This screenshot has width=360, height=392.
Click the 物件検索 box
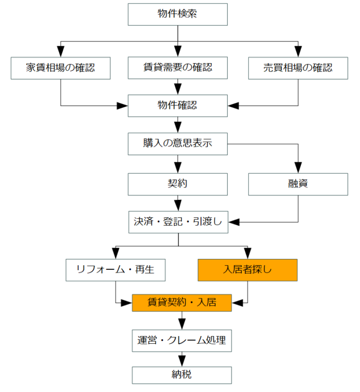pos(177,14)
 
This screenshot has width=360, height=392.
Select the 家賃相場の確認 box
pos(61,68)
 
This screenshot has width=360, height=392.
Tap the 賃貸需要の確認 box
pos(177,68)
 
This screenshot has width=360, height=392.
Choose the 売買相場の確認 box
pos(298,68)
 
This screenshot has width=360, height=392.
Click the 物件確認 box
pos(177,106)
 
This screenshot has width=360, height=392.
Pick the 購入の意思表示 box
pos(177,144)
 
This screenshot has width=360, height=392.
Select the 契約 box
pos(177,184)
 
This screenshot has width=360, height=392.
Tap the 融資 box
pos(298,184)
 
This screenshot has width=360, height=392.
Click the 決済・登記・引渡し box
pos(178,222)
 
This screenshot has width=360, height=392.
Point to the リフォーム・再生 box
pos(116,270)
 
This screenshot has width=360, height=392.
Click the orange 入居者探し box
pos(248,270)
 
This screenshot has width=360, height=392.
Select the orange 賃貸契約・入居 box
pos(182,303)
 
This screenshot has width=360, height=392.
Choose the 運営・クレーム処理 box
pos(182,341)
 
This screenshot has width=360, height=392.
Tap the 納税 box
pos(182,375)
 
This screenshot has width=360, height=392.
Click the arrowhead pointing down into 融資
pos(298,168)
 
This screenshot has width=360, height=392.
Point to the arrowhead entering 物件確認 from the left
pos(122,106)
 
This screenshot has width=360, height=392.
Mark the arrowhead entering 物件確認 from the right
pos(233,106)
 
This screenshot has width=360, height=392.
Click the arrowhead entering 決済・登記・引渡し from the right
pos(234,222)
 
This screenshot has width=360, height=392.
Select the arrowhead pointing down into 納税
pos(182,361)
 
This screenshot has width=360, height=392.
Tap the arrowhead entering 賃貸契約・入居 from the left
pos(127,303)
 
